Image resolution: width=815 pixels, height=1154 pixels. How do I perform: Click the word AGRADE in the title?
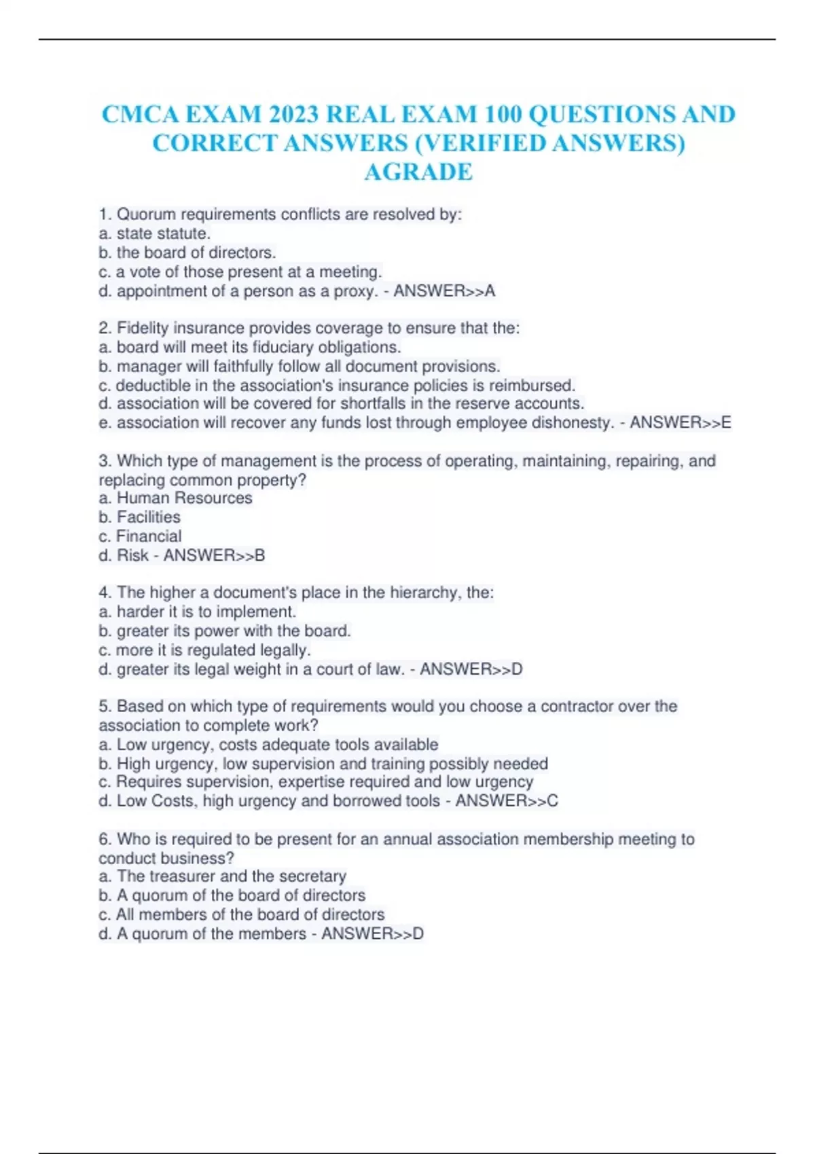click(418, 172)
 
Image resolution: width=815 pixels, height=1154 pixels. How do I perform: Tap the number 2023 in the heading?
click(293, 114)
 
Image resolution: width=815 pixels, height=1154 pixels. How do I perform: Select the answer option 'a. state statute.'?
click(154, 234)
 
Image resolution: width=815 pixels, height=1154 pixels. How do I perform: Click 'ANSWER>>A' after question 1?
click(444, 291)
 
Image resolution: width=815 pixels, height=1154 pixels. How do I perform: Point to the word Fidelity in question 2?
click(143, 328)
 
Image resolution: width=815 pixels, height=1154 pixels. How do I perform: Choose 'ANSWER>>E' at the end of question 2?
click(680, 423)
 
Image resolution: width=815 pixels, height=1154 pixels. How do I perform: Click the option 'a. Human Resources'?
click(175, 498)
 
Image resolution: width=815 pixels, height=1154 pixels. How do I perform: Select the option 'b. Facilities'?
click(139, 517)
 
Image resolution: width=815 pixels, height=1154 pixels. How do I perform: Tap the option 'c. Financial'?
click(140, 536)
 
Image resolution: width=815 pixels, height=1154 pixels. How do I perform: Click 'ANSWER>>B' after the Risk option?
click(214, 555)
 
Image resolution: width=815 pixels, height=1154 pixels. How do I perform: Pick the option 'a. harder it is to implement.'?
click(197, 612)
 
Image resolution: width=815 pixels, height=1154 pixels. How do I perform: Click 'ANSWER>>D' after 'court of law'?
click(471, 669)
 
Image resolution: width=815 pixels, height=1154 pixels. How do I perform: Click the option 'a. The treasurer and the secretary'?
click(222, 876)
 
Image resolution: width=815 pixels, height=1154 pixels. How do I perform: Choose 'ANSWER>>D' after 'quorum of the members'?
click(372, 934)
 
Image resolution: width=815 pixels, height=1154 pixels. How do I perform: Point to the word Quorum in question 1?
click(146, 215)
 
